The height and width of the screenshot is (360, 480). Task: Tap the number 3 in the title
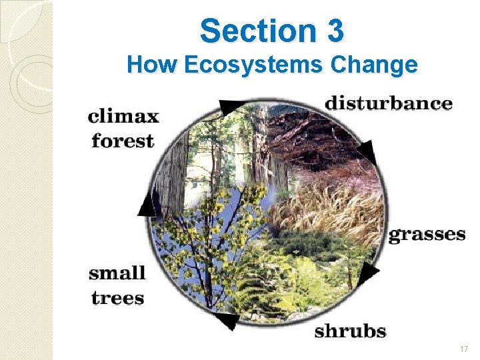[335, 31]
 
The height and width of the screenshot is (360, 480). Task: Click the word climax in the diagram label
[123, 117]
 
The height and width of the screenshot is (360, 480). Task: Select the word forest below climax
[123, 141]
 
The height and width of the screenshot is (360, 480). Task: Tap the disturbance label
[388, 103]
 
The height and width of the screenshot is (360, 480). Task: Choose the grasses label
[427, 234]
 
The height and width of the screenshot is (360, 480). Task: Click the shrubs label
[351, 330]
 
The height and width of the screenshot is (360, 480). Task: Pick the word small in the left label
[117, 272]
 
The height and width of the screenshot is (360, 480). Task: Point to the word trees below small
[117, 297]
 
